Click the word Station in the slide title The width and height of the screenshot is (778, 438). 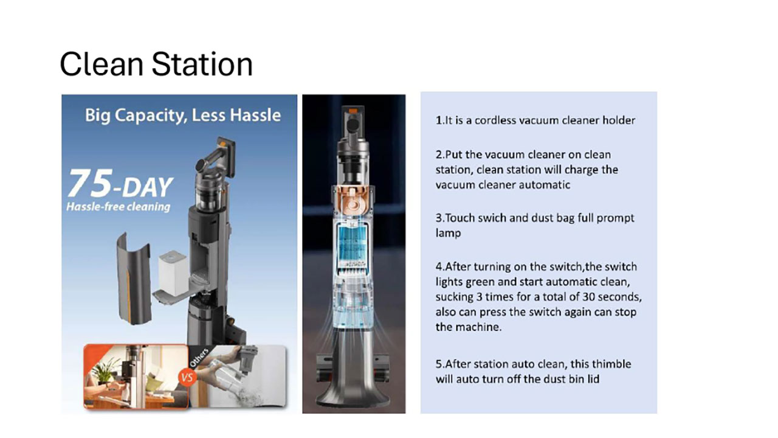point(202,64)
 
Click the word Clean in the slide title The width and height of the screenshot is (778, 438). point(102,64)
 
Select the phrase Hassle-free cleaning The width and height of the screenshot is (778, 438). point(118,207)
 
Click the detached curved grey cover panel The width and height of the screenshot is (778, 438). point(134,279)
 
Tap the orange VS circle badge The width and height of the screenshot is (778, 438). point(187,378)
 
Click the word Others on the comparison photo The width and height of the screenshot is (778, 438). point(199,357)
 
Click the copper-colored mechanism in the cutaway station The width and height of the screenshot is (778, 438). point(354,201)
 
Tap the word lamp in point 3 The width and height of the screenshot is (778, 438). point(448,234)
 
